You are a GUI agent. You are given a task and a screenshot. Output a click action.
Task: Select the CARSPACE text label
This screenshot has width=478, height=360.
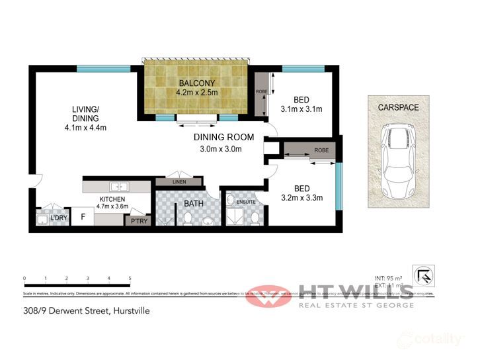pyautogui.click(x=398, y=107)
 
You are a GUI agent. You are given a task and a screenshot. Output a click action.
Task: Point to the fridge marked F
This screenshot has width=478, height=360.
pyautogui.click(x=83, y=216)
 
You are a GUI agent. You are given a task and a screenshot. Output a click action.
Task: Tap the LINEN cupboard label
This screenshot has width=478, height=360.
pyautogui.click(x=179, y=182)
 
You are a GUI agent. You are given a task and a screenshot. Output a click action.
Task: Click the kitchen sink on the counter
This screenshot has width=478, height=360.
pyautogui.click(x=118, y=187)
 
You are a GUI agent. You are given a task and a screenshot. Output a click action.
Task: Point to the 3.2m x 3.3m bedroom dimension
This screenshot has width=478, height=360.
pyautogui.click(x=301, y=197)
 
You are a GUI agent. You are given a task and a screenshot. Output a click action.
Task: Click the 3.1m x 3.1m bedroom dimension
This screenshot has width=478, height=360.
pyautogui.click(x=301, y=109)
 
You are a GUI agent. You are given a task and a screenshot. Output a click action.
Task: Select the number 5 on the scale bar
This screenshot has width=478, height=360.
pyautogui.click(x=130, y=279)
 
